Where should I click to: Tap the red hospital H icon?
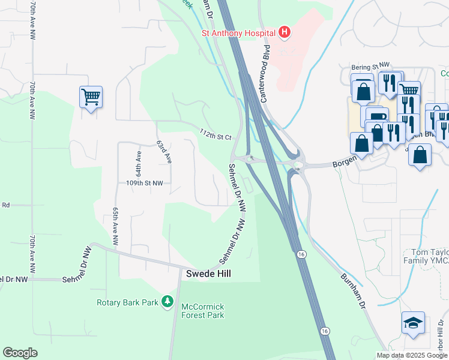(x=285, y=32)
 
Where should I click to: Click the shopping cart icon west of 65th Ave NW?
(x=91, y=96)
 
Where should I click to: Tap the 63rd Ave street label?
(x=164, y=152)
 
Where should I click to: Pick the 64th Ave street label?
(x=139, y=163)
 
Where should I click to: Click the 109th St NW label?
(x=144, y=182)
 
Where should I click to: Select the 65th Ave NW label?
(x=115, y=224)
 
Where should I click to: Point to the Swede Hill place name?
(x=208, y=273)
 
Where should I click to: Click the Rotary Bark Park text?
(x=127, y=302)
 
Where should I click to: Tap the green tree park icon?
(x=168, y=301)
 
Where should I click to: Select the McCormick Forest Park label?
(x=203, y=311)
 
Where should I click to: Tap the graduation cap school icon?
(x=413, y=324)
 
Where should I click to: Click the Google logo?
(x=20, y=353)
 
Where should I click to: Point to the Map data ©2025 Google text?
(x=412, y=355)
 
